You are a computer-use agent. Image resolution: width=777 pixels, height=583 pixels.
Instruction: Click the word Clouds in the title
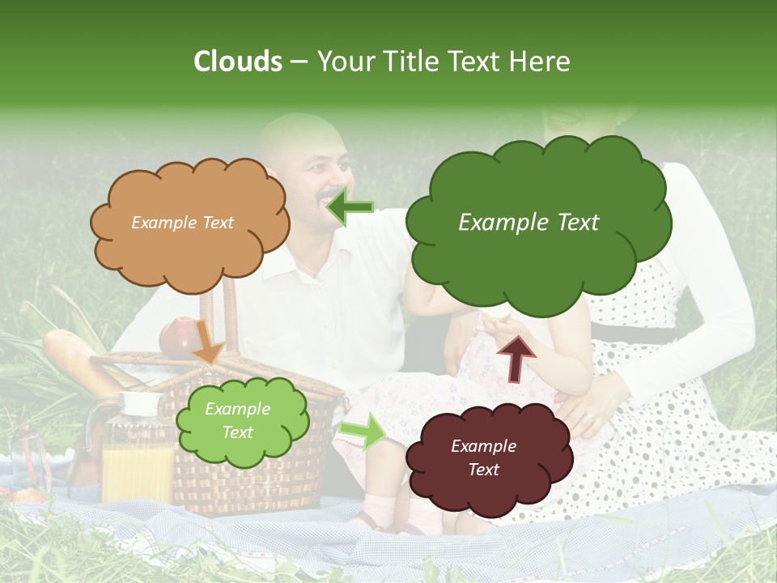[x=238, y=62]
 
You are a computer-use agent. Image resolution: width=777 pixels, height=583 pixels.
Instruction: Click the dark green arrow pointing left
[x=350, y=207]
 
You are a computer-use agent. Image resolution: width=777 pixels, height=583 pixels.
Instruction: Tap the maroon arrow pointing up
[x=516, y=357]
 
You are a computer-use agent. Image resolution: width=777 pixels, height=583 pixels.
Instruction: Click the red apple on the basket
[x=179, y=335]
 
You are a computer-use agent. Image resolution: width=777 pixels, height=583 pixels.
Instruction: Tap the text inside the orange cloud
[x=183, y=223]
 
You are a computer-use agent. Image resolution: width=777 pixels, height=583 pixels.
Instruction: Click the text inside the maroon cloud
[x=483, y=457]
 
